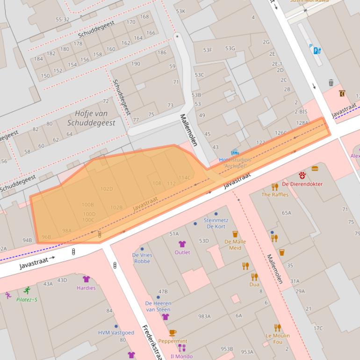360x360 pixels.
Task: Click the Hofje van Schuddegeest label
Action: pos(91,118)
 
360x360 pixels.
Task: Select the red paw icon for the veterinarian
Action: pos(302,176)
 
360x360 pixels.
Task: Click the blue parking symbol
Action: pos(310,46)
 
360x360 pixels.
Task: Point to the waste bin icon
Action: pos(331,83)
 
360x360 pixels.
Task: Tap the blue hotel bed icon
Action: pos(235,152)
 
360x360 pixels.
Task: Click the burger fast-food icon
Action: pos(315,168)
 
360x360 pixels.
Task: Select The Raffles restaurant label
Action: pos(275,194)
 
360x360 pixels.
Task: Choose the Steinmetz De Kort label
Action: pos(216,223)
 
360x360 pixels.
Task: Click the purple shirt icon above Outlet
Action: pos(182,244)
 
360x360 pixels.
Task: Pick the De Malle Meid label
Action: pos(235,245)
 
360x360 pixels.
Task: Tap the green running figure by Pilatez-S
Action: pos(27,290)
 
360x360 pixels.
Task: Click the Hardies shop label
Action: pos(86,288)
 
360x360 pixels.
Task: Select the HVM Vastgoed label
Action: pos(116,333)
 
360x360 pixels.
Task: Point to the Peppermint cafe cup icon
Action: pos(173,333)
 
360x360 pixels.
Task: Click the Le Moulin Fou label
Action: pos(278,338)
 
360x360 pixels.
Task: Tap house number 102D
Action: pos(107,189)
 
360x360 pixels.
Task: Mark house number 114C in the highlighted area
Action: pos(185,178)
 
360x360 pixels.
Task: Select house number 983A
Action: pos(204,317)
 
